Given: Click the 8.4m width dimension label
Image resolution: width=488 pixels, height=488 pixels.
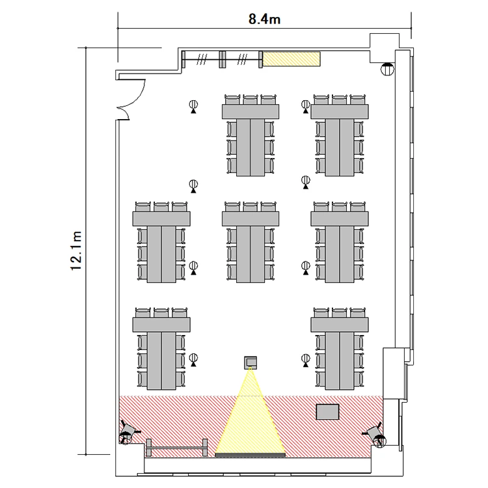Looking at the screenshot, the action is [x=264, y=20].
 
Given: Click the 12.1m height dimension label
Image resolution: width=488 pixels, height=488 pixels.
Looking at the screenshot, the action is [x=76, y=251].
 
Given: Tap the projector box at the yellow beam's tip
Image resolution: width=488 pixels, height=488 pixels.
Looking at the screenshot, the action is [x=251, y=362].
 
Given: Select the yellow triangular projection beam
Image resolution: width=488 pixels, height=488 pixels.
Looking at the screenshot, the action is [x=251, y=426].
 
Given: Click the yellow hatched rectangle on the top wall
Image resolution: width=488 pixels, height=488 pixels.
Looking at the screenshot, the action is [x=291, y=59].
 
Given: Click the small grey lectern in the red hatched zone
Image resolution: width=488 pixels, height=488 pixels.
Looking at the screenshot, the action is [x=327, y=412].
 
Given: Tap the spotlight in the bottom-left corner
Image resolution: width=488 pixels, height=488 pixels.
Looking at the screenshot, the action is [x=128, y=432].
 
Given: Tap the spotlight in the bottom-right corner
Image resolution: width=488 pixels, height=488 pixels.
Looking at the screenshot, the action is [x=376, y=434].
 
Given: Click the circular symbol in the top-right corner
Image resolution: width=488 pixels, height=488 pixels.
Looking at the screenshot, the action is [x=388, y=69].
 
